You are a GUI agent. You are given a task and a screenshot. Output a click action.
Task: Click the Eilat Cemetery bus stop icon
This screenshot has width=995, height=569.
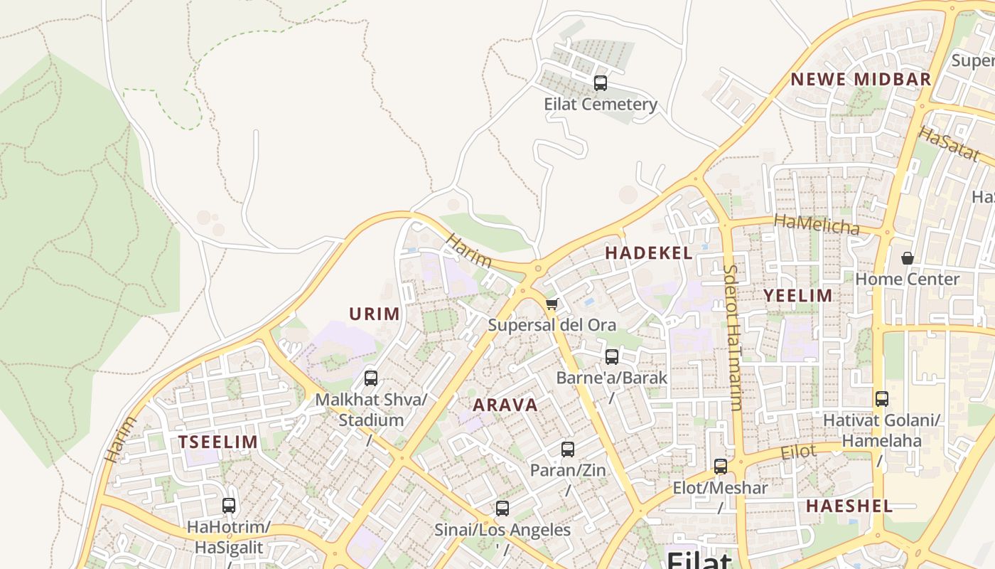[601, 83]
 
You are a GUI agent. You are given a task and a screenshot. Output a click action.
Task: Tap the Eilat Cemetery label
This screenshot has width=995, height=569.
[601, 105]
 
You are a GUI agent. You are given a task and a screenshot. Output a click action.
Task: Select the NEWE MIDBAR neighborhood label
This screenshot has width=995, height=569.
[861, 79]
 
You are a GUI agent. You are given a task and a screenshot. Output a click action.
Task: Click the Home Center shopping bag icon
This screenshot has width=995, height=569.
[908, 257]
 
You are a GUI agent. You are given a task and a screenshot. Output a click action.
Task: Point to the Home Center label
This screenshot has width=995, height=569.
[908, 279]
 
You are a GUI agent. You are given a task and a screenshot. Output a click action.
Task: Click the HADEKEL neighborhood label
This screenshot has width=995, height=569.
[648, 253]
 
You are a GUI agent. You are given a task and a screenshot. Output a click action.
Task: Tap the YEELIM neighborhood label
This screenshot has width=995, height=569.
[797, 296]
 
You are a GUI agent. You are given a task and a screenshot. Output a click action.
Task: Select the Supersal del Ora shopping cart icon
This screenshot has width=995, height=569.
[552, 304]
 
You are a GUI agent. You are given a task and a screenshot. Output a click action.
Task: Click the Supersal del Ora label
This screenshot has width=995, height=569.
[552, 325]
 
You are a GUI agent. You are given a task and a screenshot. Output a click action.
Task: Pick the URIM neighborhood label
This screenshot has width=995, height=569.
[374, 314]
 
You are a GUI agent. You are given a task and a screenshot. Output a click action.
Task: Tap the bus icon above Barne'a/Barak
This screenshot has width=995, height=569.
[612, 357]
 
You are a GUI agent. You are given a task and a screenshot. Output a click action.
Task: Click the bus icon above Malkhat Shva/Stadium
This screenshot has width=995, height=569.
[371, 378]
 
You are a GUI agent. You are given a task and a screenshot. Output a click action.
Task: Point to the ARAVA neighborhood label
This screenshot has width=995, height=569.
[505, 405]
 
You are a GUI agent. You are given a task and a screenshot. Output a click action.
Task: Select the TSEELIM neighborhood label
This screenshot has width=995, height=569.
[217, 442]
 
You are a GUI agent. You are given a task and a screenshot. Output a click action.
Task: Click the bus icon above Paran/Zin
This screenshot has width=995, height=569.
[567, 450]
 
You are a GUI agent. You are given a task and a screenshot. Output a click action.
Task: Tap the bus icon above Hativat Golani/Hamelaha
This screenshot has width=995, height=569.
[882, 399]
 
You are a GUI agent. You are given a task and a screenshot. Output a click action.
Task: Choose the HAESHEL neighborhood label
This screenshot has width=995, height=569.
[849, 506]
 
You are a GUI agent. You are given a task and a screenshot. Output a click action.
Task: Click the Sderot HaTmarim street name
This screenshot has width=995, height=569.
[733, 338]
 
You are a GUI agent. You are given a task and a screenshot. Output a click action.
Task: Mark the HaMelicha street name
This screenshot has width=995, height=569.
[817, 225]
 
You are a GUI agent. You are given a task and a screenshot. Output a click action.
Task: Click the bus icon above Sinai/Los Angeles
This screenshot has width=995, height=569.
[502, 509]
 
